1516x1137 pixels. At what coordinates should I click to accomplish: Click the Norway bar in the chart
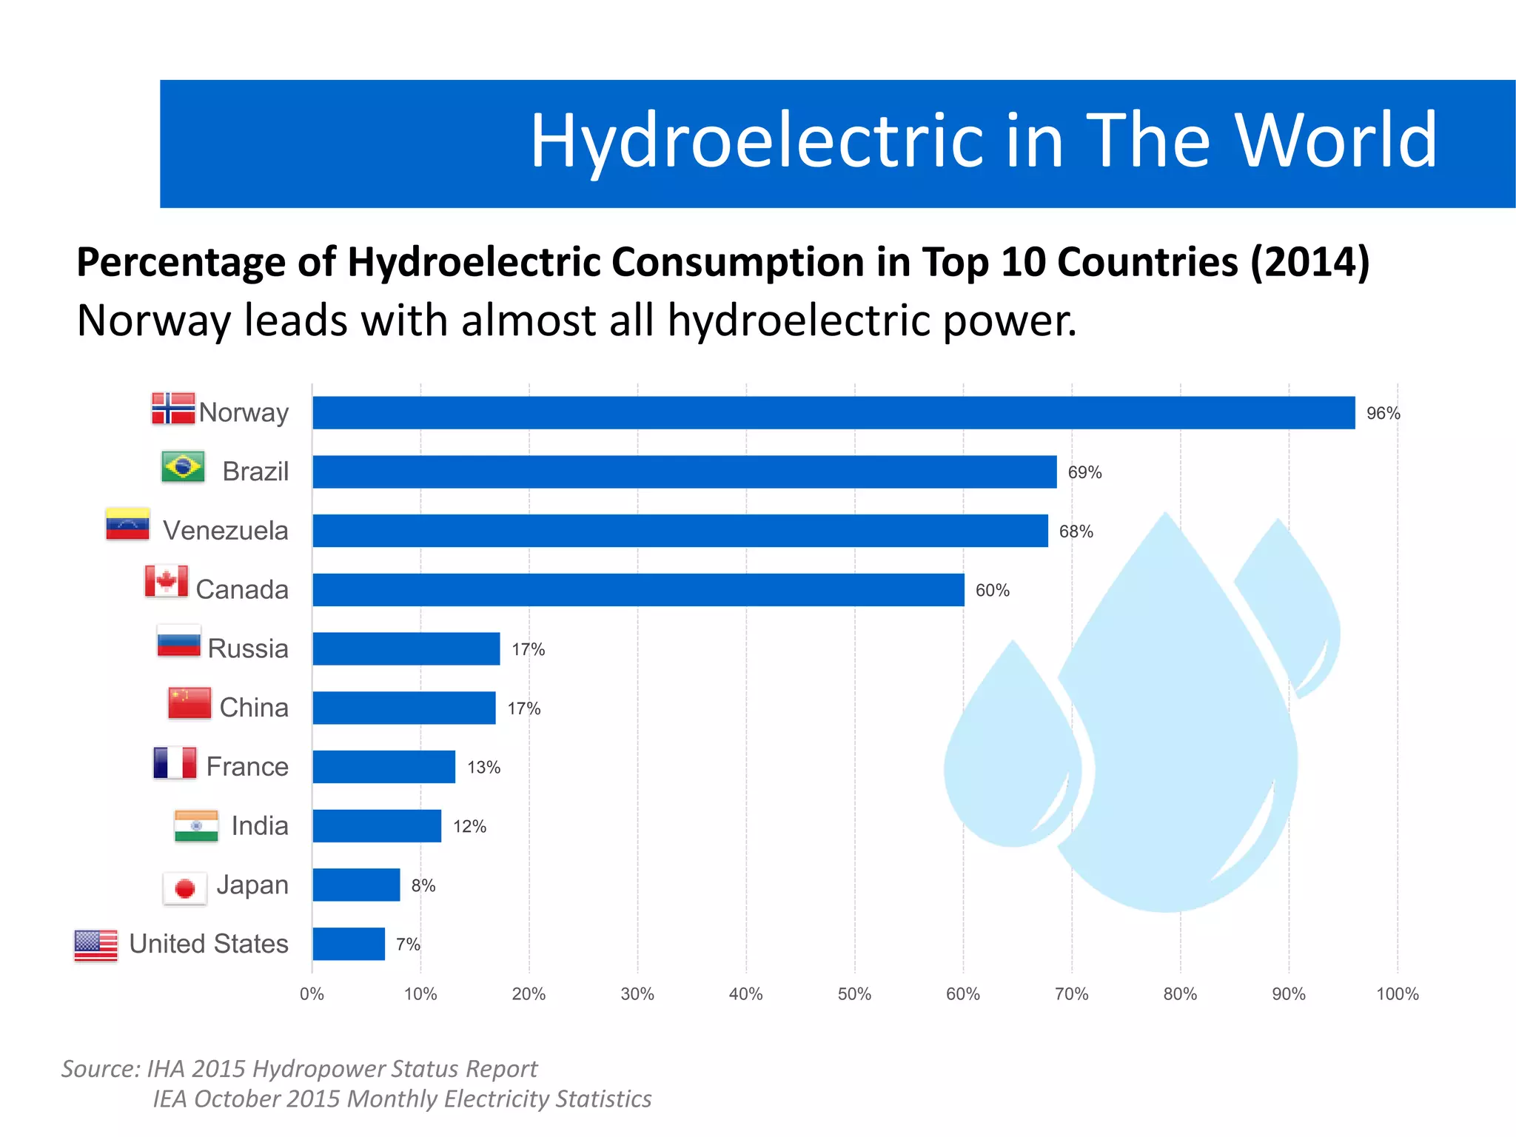pyautogui.click(x=833, y=412)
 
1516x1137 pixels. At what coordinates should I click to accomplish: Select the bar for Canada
pyautogui.click(x=638, y=590)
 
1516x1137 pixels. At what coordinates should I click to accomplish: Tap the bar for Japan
pyautogui.click(x=356, y=885)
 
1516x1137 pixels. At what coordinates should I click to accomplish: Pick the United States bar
pyautogui.click(x=349, y=944)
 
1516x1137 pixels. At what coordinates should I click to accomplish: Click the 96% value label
pyautogui.click(x=1383, y=413)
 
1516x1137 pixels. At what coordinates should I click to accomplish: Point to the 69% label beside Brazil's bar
pyautogui.click(x=1084, y=472)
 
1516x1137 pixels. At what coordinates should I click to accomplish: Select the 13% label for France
pyautogui.click(x=483, y=768)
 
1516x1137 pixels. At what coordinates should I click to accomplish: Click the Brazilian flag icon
pyautogui.click(x=183, y=467)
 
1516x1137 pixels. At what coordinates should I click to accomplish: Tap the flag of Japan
pyautogui.click(x=184, y=888)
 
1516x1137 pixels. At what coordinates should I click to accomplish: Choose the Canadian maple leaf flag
pyautogui.click(x=166, y=582)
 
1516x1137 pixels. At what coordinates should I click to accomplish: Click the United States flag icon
pyautogui.click(x=96, y=945)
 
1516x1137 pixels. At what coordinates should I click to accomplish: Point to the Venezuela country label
pyautogui.click(x=226, y=531)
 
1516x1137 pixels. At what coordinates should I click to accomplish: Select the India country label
pyautogui.click(x=259, y=826)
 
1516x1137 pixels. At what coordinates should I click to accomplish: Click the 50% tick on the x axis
pyautogui.click(x=854, y=994)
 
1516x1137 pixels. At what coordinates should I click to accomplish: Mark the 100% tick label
pyautogui.click(x=1397, y=994)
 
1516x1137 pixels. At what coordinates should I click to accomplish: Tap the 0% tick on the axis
pyautogui.click(x=312, y=994)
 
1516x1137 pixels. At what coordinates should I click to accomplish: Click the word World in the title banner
pyautogui.click(x=1335, y=141)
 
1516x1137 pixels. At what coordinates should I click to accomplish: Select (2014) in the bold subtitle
pyautogui.click(x=1309, y=262)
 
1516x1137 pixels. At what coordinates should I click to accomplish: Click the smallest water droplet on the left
pyautogui.click(x=1010, y=762)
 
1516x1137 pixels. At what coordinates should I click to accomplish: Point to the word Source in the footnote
pyautogui.click(x=100, y=1069)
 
